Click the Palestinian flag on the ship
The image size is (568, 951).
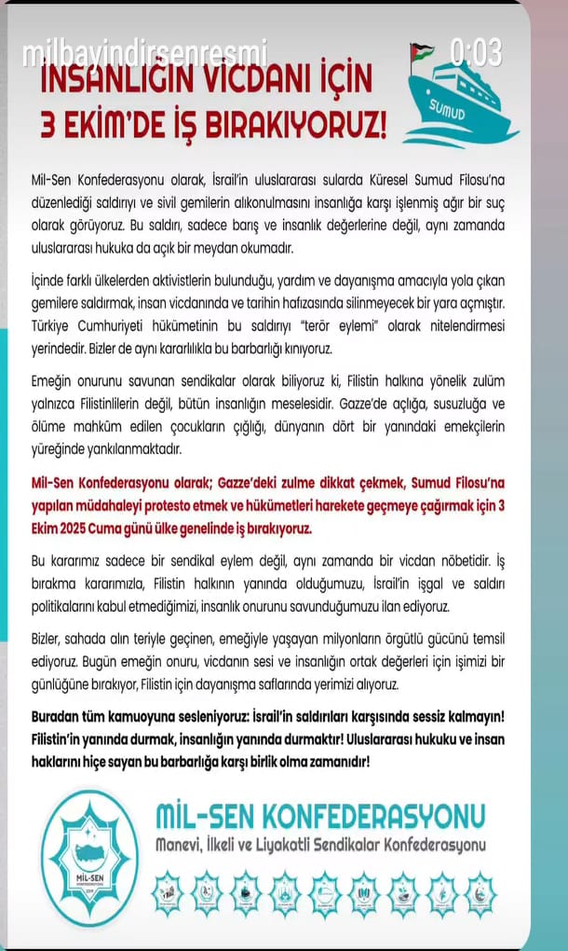pyautogui.click(x=421, y=50)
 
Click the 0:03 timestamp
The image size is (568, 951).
pyautogui.click(x=476, y=51)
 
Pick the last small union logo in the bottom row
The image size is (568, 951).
pyautogui.click(x=480, y=894)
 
